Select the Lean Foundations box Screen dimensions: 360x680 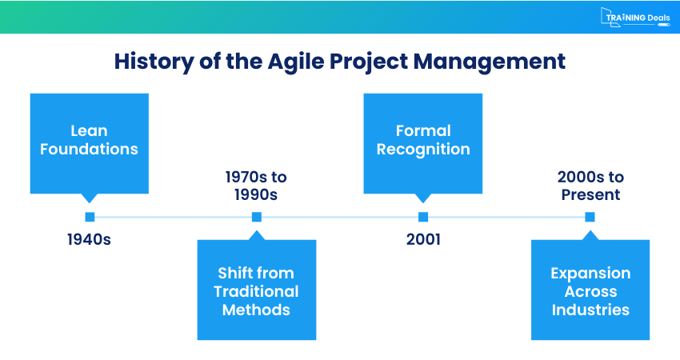click(90, 142)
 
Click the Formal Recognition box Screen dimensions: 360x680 click(423, 142)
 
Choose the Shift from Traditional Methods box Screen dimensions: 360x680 click(256, 290)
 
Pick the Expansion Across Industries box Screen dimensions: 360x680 click(590, 290)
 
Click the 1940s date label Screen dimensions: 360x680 click(90, 238)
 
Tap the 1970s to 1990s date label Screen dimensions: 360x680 click(256, 186)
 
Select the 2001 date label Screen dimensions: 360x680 click(423, 238)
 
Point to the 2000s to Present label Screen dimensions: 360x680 click(590, 186)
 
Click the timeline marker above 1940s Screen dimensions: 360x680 click(90, 216)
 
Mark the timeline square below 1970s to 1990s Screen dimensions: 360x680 click(256, 216)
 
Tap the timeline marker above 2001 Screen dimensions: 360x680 click(423, 216)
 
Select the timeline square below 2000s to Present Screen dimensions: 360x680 click(590, 216)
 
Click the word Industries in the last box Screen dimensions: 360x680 click(590, 310)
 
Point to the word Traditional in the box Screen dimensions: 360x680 click(256, 291)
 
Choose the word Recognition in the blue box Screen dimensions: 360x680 click(423, 150)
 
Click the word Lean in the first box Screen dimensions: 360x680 click(90, 130)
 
